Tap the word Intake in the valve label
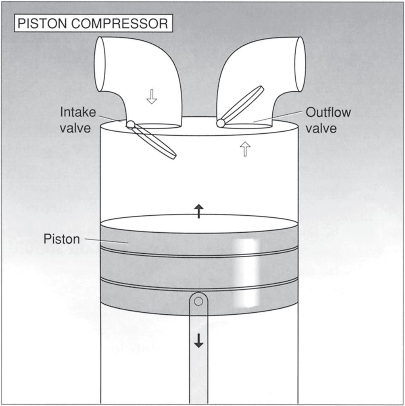click(x=78, y=112)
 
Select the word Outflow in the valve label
click(x=328, y=112)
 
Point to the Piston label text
click(x=62, y=239)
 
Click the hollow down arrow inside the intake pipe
click(x=151, y=97)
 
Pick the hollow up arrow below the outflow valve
click(x=245, y=150)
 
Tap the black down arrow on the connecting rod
click(x=198, y=342)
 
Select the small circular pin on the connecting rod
click(x=198, y=301)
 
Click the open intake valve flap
click(x=155, y=141)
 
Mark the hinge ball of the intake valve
click(x=130, y=124)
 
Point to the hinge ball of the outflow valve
click(x=221, y=123)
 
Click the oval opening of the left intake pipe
click(x=100, y=63)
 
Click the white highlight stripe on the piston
click(x=246, y=273)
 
